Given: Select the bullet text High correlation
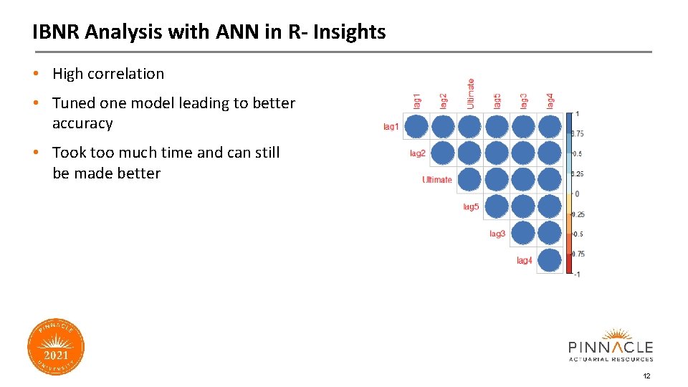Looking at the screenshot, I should tap(108, 74).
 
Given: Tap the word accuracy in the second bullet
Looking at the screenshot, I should tap(82, 123).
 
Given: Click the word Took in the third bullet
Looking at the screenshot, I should tap(69, 153).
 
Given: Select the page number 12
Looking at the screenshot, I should tap(646, 376).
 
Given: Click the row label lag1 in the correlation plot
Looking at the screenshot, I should tap(391, 127).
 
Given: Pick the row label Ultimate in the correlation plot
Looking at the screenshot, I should tap(437, 180).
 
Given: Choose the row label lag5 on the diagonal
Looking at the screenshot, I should tap(471, 207).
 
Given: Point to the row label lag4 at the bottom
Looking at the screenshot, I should tap(525, 261).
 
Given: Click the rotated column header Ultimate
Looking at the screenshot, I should tap(471, 93).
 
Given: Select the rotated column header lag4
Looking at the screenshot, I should tap(550, 100).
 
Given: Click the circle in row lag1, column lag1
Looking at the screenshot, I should tap(416, 127).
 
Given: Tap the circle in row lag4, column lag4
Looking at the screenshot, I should tap(550, 260).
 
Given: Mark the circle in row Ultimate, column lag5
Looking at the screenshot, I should tap(497, 180).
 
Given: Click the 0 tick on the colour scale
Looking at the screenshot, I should tap(576, 193).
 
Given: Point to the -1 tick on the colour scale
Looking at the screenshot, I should tap(576, 274).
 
